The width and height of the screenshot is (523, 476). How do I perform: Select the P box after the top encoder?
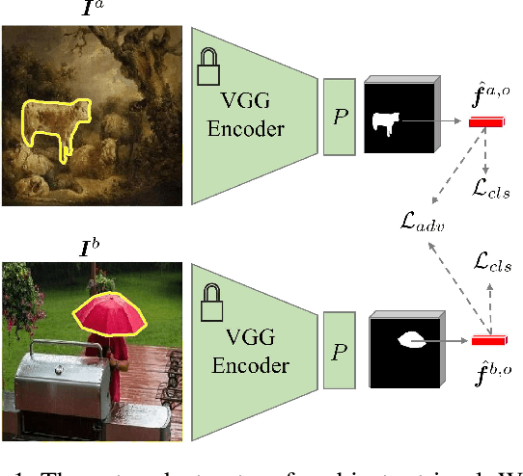[339, 118]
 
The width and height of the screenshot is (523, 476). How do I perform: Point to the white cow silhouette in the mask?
[385, 122]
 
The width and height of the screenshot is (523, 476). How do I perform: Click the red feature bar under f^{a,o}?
[486, 121]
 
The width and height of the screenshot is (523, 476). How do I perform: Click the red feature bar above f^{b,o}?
[488, 339]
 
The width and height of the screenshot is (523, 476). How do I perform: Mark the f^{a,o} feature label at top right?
[487, 94]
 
